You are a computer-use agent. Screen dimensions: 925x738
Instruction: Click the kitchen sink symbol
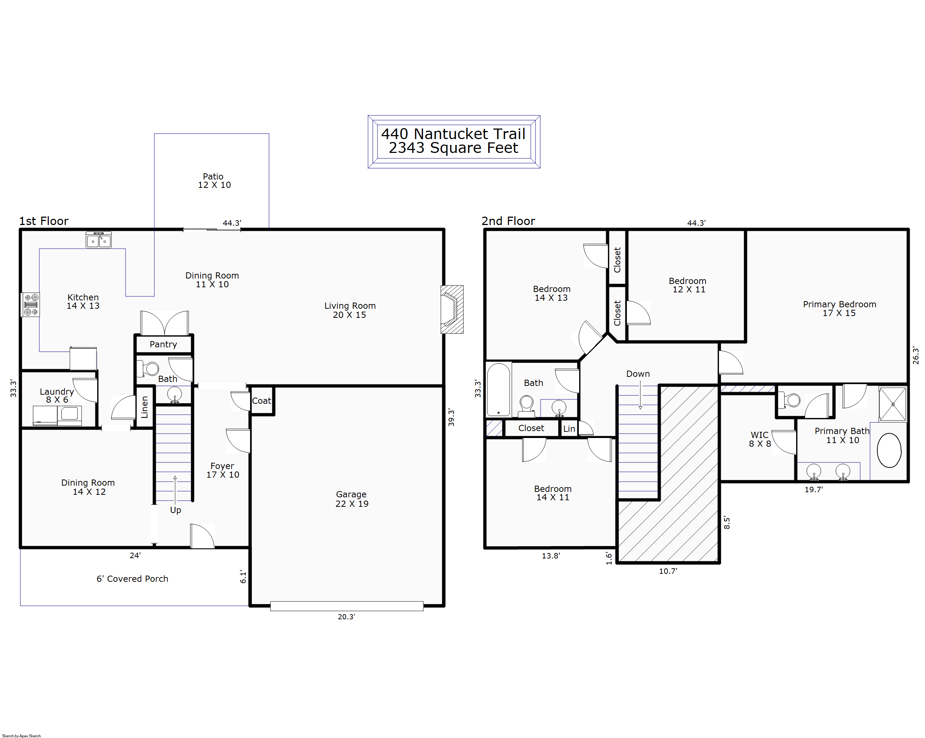(x=99, y=240)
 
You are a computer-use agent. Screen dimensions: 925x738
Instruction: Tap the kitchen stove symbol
(x=31, y=305)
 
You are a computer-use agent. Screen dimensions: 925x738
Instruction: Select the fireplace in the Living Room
(x=452, y=309)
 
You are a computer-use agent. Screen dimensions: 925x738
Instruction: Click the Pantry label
(x=163, y=344)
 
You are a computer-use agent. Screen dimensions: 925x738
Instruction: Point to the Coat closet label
(x=261, y=401)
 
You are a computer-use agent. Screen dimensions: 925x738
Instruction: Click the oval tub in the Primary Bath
(x=889, y=450)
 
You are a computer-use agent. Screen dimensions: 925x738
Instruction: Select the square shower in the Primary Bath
(x=893, y=404)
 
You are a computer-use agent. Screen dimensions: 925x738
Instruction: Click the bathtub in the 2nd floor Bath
(x=499, y=390)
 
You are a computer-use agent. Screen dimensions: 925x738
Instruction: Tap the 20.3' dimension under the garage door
(x=346, y=616)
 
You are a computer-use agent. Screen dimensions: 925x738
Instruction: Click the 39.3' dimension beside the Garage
(x=451, y=418)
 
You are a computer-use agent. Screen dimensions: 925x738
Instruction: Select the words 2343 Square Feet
(x=454, y=147)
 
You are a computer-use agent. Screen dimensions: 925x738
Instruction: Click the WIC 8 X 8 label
(x=760, y=439)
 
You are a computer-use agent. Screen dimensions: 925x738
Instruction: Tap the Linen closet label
(x=145, y=407)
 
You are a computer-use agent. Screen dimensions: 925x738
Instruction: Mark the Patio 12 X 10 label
(x=214, y=181)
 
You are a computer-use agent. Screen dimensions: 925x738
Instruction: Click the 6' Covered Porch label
(x=132, y=579)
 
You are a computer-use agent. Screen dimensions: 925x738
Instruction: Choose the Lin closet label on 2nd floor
(x=569, y=429)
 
